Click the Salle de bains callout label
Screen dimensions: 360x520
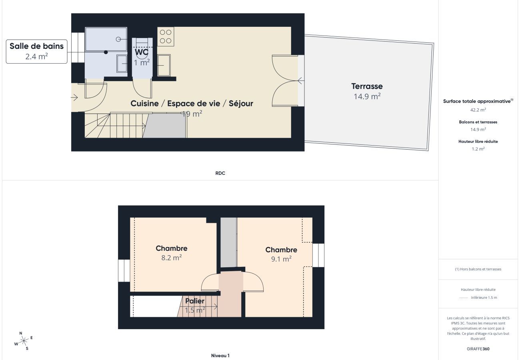point(36,46)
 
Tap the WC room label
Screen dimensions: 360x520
point(142,52)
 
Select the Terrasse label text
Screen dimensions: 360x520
point(367,86)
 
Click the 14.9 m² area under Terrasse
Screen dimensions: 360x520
point(367,96)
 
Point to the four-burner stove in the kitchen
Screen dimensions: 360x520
point(166,36)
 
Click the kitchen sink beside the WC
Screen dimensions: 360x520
point(164,65)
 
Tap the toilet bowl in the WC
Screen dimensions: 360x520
point(142,43)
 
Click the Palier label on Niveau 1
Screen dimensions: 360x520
point(195,301)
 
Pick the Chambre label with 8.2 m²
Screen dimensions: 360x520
point(171,248)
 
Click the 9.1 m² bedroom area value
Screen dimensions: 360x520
point(281,259)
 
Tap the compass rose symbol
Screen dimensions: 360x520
point(24,341)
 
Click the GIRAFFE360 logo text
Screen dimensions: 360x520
point(478,349)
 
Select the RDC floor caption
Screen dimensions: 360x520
point(220,173)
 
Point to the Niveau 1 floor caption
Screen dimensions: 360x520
point(220,355)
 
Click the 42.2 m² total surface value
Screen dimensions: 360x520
point(478,110)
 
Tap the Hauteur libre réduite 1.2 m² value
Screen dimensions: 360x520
point(478,149)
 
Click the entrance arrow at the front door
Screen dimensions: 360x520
point(74,97)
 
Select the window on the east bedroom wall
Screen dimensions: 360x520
point(318,255)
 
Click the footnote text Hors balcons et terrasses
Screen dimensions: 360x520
point(478,269)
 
